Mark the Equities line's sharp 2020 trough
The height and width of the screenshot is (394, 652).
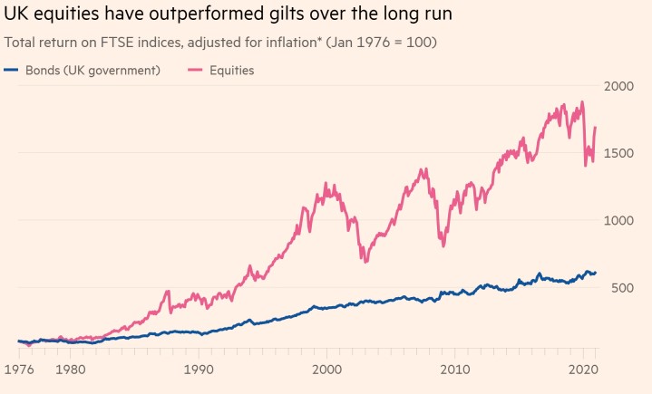point(585,166)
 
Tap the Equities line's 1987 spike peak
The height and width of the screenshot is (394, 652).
point(168,292)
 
